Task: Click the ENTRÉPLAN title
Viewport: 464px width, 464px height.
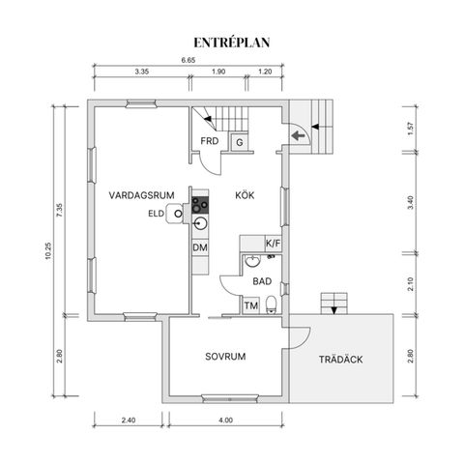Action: (x=232, y=42)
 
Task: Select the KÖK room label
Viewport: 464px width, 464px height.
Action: (x=245, y=194)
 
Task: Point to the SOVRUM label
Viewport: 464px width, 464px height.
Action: (x=225, y=357)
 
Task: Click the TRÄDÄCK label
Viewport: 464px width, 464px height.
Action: (x=340, y=360)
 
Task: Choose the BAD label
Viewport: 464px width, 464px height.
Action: (x=261, y=281)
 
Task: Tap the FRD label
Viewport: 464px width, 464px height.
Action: (x=209, y=142)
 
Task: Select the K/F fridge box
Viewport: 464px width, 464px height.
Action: (x=273, y=245)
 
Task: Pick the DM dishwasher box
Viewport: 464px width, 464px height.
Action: (x=200, y=248)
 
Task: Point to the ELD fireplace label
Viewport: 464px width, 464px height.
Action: (x=156, y=214)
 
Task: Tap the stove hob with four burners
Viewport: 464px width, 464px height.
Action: (x=200, y=205)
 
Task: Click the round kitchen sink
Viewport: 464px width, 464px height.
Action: (x=200, y=224)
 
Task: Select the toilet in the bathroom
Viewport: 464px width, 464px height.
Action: (x=274, y=306)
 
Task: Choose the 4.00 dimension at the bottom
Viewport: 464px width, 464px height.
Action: (x=226, y=420)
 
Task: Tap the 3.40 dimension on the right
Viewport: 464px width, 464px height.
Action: (x=411, y=203)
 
